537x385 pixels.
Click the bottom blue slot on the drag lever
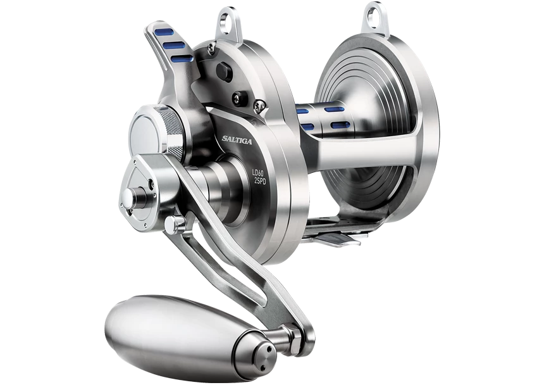(x=182, y=58)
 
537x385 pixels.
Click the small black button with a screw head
(x=239, y=98)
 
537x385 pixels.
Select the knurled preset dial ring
(x=171, y=130)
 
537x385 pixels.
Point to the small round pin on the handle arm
(x=178, y=222)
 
